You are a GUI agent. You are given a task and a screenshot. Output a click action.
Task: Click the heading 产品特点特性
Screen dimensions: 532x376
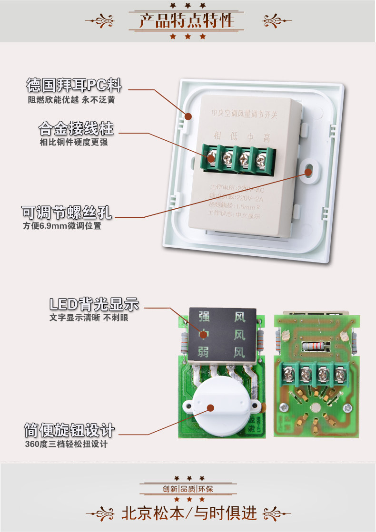point(187,21)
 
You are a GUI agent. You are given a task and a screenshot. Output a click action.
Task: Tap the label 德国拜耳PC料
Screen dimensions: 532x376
point(74,86)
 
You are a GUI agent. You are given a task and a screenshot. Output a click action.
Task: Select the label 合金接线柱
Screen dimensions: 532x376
point(76,128)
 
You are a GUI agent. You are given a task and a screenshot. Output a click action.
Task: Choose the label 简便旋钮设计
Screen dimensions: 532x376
point(69,431)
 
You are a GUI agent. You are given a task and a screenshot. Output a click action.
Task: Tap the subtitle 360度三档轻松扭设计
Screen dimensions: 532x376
point(66,445)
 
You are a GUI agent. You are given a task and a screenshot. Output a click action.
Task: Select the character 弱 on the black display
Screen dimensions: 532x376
point(204,352)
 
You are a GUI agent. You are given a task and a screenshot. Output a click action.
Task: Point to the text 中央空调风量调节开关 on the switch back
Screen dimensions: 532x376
point(244,114)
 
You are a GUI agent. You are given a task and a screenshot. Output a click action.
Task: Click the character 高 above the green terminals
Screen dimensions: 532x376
point(267,138)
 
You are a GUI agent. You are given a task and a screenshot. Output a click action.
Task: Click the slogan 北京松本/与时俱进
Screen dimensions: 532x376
point(189,513)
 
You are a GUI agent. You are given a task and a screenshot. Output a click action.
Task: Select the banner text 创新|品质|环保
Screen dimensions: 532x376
point(188,489)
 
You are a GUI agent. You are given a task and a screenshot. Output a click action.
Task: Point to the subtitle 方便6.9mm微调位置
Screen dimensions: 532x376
point(62,226)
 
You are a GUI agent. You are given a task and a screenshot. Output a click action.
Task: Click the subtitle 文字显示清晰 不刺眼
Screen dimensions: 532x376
point(89,318)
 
